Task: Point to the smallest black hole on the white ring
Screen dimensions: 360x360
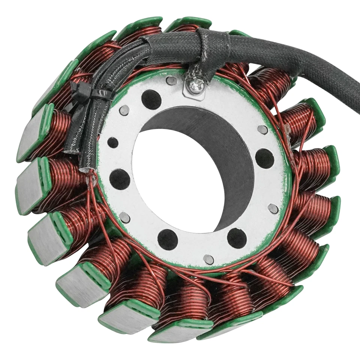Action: (x=112, y=142)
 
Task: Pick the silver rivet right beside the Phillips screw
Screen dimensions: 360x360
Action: (x=171, y=80)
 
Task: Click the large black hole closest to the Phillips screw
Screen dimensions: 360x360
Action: (x=151, y=99)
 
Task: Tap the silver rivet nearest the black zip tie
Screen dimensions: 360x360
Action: (x=124, y=110)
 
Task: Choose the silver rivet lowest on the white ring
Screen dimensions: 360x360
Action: (x=208, y=259)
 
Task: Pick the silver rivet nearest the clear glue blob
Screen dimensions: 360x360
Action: (x=262, y=130)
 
